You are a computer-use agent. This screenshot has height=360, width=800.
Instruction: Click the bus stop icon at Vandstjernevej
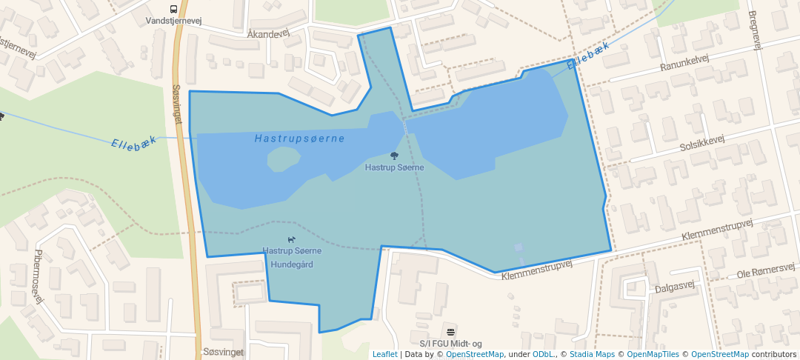[173, 10]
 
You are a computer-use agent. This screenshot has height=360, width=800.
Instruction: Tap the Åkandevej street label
[268, 34]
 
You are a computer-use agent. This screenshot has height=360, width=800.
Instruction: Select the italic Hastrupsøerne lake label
[299, 139]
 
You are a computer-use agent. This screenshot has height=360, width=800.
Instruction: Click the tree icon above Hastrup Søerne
[394, 156]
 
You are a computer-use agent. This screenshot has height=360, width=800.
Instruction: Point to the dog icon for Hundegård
[292, 239]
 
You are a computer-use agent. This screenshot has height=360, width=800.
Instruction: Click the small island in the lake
[282, 158]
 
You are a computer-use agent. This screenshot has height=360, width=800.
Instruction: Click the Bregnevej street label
[755, 30]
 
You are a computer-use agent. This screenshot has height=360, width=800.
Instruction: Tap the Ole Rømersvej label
[766, 271]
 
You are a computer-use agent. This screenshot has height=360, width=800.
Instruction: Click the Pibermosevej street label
[39, 276]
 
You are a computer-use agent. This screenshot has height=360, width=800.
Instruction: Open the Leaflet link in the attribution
[384, 354]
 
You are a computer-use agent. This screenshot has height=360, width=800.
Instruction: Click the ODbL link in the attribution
[542, 354]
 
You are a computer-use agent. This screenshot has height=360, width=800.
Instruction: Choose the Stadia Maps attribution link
[592, 354]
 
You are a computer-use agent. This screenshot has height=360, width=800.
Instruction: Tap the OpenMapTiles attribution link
[653, 354]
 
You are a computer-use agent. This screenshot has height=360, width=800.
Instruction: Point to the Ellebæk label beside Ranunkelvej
[588, 57]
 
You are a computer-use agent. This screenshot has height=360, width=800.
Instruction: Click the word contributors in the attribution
[774, 354]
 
